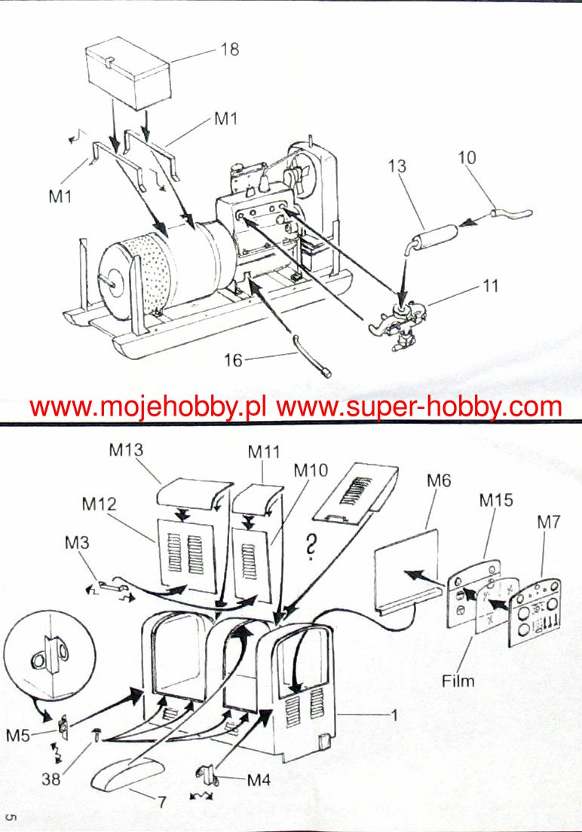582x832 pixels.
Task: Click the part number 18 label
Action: (230, 49)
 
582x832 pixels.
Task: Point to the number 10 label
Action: (467, 157)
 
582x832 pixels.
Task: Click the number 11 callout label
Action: (491, 287)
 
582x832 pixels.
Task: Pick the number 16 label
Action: (234, 361)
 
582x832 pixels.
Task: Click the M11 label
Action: (265, 452)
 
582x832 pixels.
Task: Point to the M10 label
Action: (311, 471)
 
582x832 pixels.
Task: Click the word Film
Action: (458, 681)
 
